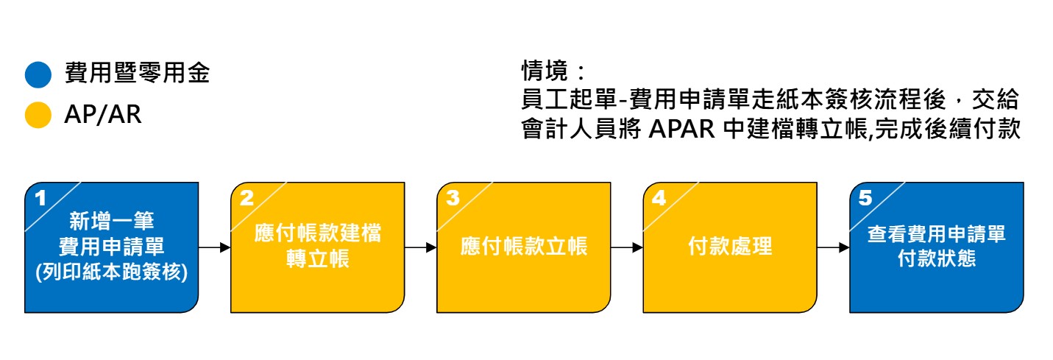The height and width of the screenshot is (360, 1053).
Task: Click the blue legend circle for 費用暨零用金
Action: click(x=38, y=74)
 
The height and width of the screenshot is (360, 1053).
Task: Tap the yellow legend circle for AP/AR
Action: click(x=38, y=116)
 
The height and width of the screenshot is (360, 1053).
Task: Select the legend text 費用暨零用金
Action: click(x=137, y=74)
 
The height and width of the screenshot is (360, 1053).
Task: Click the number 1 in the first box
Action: click(x=40, y=197)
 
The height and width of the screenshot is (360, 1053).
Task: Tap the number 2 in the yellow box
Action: click(x=247, y=197)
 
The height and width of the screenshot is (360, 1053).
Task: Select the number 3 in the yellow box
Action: click(x=453, y=197)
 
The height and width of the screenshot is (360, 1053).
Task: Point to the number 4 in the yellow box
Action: click(x=659, y=197)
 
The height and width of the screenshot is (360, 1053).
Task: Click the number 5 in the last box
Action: click(x=865, y=197)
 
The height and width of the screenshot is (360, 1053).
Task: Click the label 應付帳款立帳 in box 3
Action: click(x=524, y=247)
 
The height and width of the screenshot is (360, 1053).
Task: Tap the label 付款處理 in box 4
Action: click(x=730, y=247)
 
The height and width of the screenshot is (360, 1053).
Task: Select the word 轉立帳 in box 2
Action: click(x=318, y=260)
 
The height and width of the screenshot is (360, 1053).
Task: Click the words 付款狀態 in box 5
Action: click(x=936, y=259)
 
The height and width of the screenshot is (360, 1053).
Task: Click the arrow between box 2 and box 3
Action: click(x=421, y=247)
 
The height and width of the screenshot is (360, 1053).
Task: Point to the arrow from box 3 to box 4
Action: click(x=627, y=247)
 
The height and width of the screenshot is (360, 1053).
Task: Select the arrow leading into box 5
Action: click(x=833, y=247)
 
